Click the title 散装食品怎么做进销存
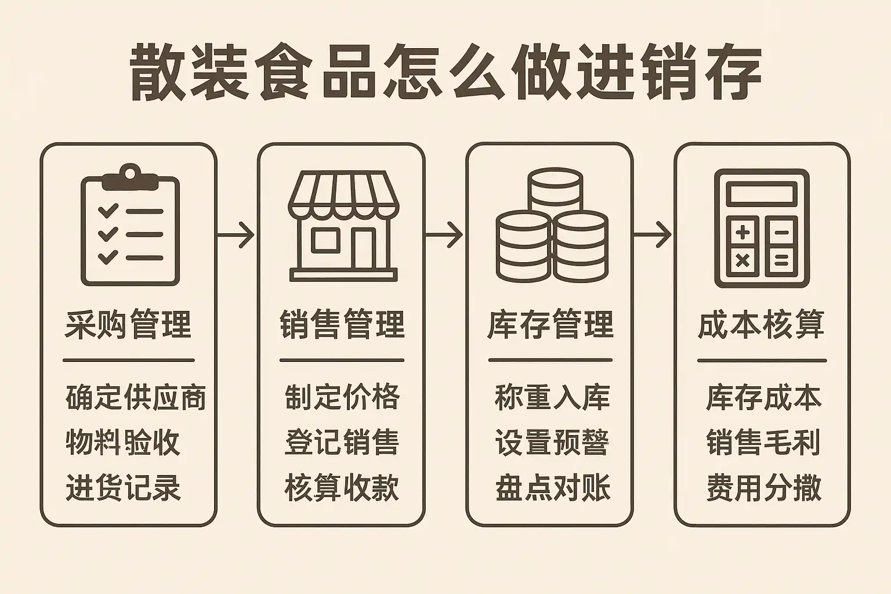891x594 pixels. [445, 73]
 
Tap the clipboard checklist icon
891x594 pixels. [131, 225]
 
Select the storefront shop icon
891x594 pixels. [343, 226]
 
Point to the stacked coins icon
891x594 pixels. [552, 225]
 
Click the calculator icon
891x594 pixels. [762, 229]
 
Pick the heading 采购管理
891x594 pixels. [128, 324]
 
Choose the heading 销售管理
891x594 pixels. [342, 324]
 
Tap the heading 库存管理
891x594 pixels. [550, 324]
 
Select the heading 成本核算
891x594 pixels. [761, 324]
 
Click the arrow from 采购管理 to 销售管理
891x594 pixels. [236, 235]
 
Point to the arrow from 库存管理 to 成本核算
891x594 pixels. [653, 235]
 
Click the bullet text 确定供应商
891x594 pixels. [136, 397]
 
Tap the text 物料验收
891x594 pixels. [122, 442]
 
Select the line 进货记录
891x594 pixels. [123, 487]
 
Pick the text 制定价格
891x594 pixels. [342, 397]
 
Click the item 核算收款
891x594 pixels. [342, 487]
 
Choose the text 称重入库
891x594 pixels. [552, 397]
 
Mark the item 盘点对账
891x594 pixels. [552, 487]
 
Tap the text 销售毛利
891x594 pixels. [763, 442]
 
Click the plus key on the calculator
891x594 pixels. [742, 233]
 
